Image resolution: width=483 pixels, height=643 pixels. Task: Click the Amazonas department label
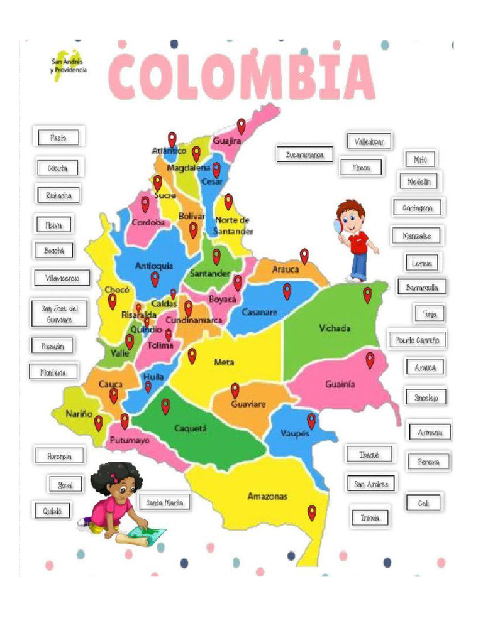tap(267, 497)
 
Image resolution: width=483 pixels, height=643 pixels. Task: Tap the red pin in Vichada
tap(367, 294)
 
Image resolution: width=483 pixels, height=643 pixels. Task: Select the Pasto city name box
tap(58, 138)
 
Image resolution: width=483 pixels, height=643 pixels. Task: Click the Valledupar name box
tap(369, 142)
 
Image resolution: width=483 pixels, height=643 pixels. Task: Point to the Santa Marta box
tap(164, 503)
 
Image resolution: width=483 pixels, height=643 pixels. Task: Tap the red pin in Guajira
tap(241, 126)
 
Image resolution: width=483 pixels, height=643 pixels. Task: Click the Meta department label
tap(224, 362)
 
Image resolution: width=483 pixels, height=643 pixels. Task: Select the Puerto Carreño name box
tap(418, 340)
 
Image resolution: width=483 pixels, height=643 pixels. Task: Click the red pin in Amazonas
tap(311, 512)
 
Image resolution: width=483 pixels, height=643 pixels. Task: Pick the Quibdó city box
tap(53, 511)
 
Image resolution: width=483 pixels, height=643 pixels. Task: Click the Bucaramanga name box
tap(304, 154)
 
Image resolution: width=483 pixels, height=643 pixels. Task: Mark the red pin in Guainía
tap(370, 360)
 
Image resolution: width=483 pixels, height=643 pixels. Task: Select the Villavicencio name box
tap(62, 278)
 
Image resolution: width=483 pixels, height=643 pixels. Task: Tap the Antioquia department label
tap(154, 266)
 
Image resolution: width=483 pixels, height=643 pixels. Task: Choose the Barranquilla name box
tap(422, 288)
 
